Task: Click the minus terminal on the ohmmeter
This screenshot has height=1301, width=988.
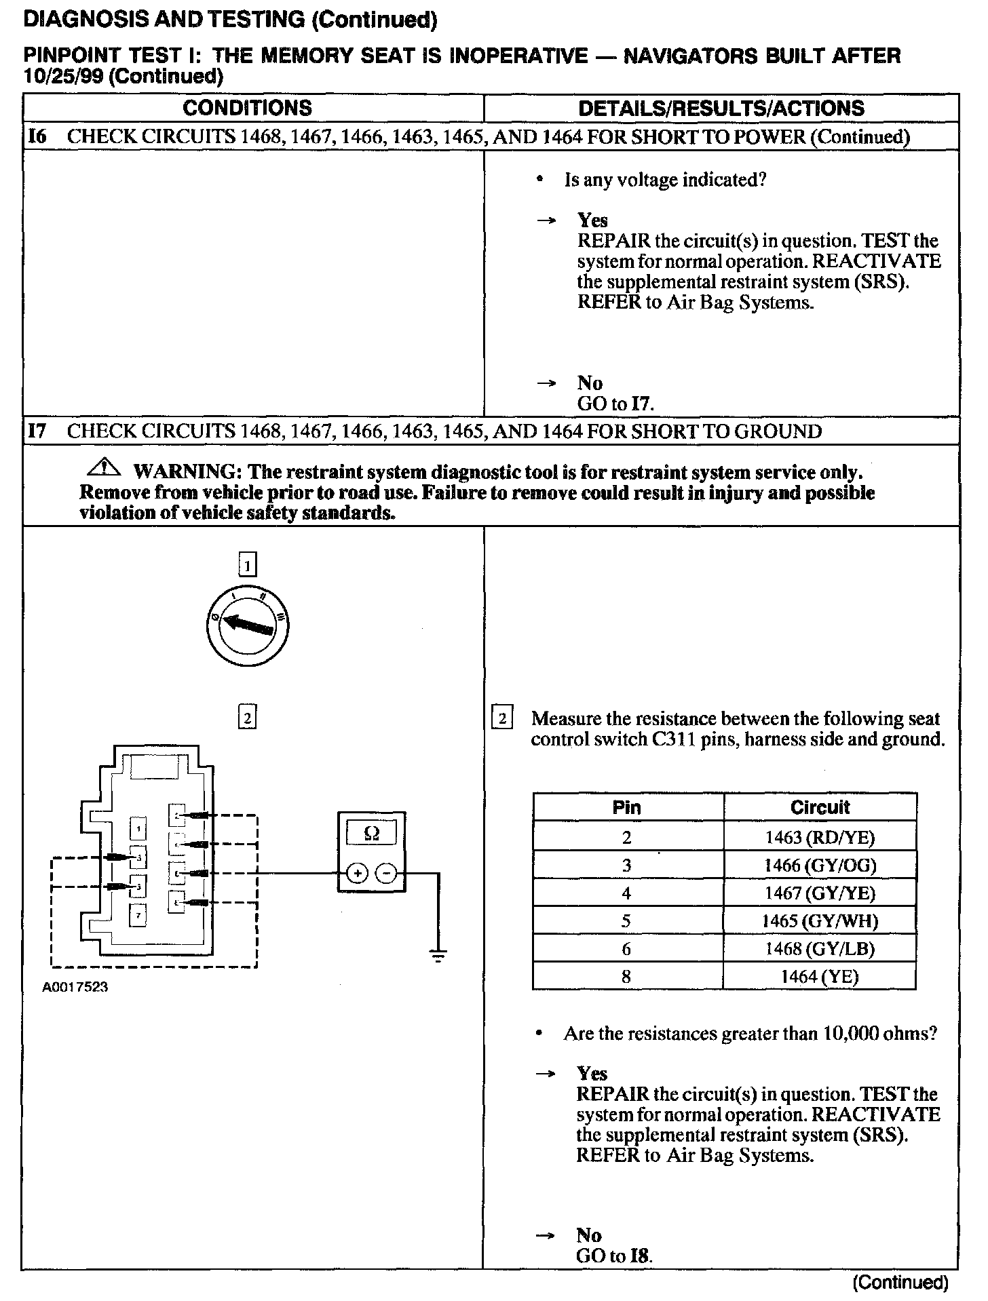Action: (386, 873)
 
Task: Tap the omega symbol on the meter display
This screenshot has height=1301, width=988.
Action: (372, 833)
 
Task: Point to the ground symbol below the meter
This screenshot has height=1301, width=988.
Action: (439, 957)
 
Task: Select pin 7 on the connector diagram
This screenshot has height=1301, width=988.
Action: (138, 916)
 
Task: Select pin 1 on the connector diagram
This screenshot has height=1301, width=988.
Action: (138, 828)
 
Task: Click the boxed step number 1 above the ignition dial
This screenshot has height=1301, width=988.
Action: (248, 564)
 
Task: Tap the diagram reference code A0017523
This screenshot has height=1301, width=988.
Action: (75, 988)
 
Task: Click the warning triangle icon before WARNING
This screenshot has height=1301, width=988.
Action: (104, 468)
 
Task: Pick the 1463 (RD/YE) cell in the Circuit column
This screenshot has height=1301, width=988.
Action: (820, 837)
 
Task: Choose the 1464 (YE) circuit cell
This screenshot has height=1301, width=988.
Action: (820, 977)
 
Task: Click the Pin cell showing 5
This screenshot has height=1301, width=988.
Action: (626, 920)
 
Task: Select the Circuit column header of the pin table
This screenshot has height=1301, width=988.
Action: (820, 807)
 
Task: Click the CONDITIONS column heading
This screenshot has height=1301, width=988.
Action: (248, 108)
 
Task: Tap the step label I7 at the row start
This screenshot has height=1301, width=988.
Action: (37, 431)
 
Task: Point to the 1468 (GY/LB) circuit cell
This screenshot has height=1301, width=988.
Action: (820, 948)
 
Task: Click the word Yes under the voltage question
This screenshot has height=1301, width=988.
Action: (592, 220)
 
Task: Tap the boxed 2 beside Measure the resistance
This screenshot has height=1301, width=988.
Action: (502, 718)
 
